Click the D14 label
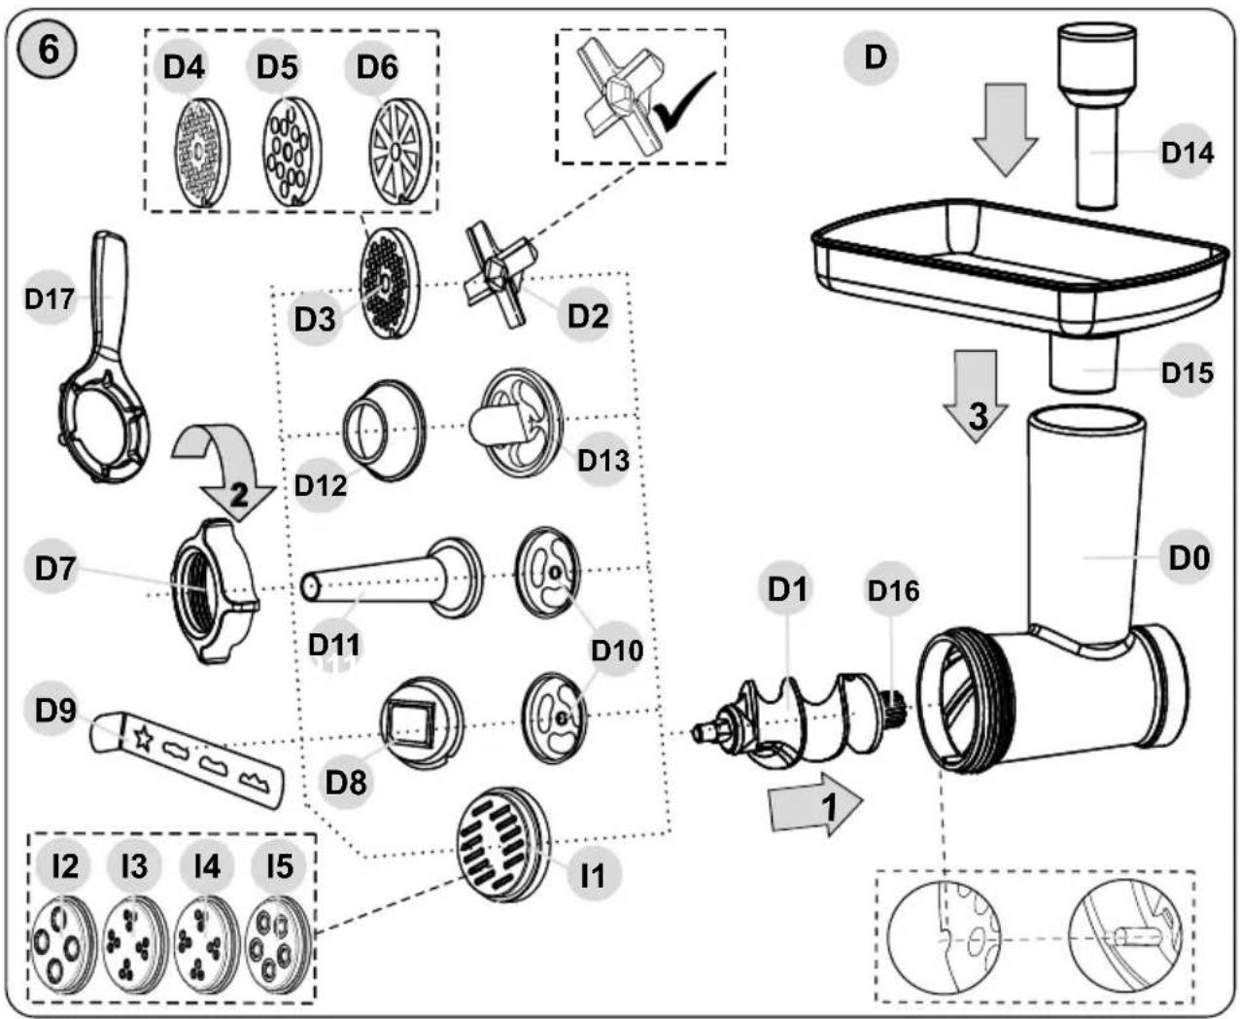tap(1187, 153)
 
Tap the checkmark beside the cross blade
tap(684, 101)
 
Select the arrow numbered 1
tap(815, 804)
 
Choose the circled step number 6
tap(49, 51)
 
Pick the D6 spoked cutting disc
tap(400, 152)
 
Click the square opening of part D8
tap(415, 721)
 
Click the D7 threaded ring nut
tap(214, 591)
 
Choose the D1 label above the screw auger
tap(787, 589)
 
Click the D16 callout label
tap(892, 590)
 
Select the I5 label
tap(280, 866)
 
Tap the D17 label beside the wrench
tap(50, 299)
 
